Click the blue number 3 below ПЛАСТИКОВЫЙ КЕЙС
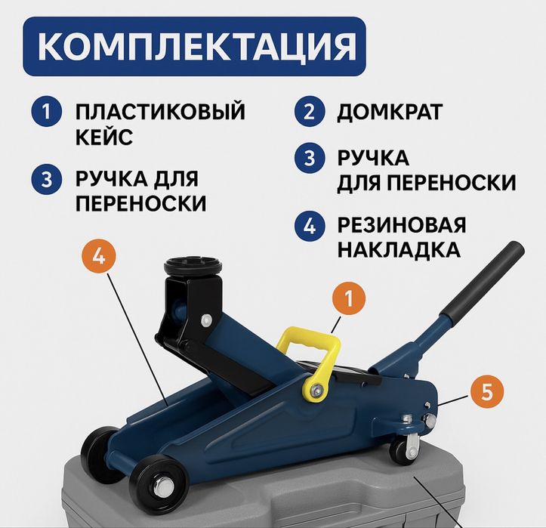[x=46, y=180]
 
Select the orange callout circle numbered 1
[x=348, y=299]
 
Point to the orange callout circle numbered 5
[x=487, y=392]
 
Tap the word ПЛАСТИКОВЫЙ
[x=160, y=113]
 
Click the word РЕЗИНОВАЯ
[x=401, y=225]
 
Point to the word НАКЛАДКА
[x=398, y=249]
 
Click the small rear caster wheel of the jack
[x=403, y=450]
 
